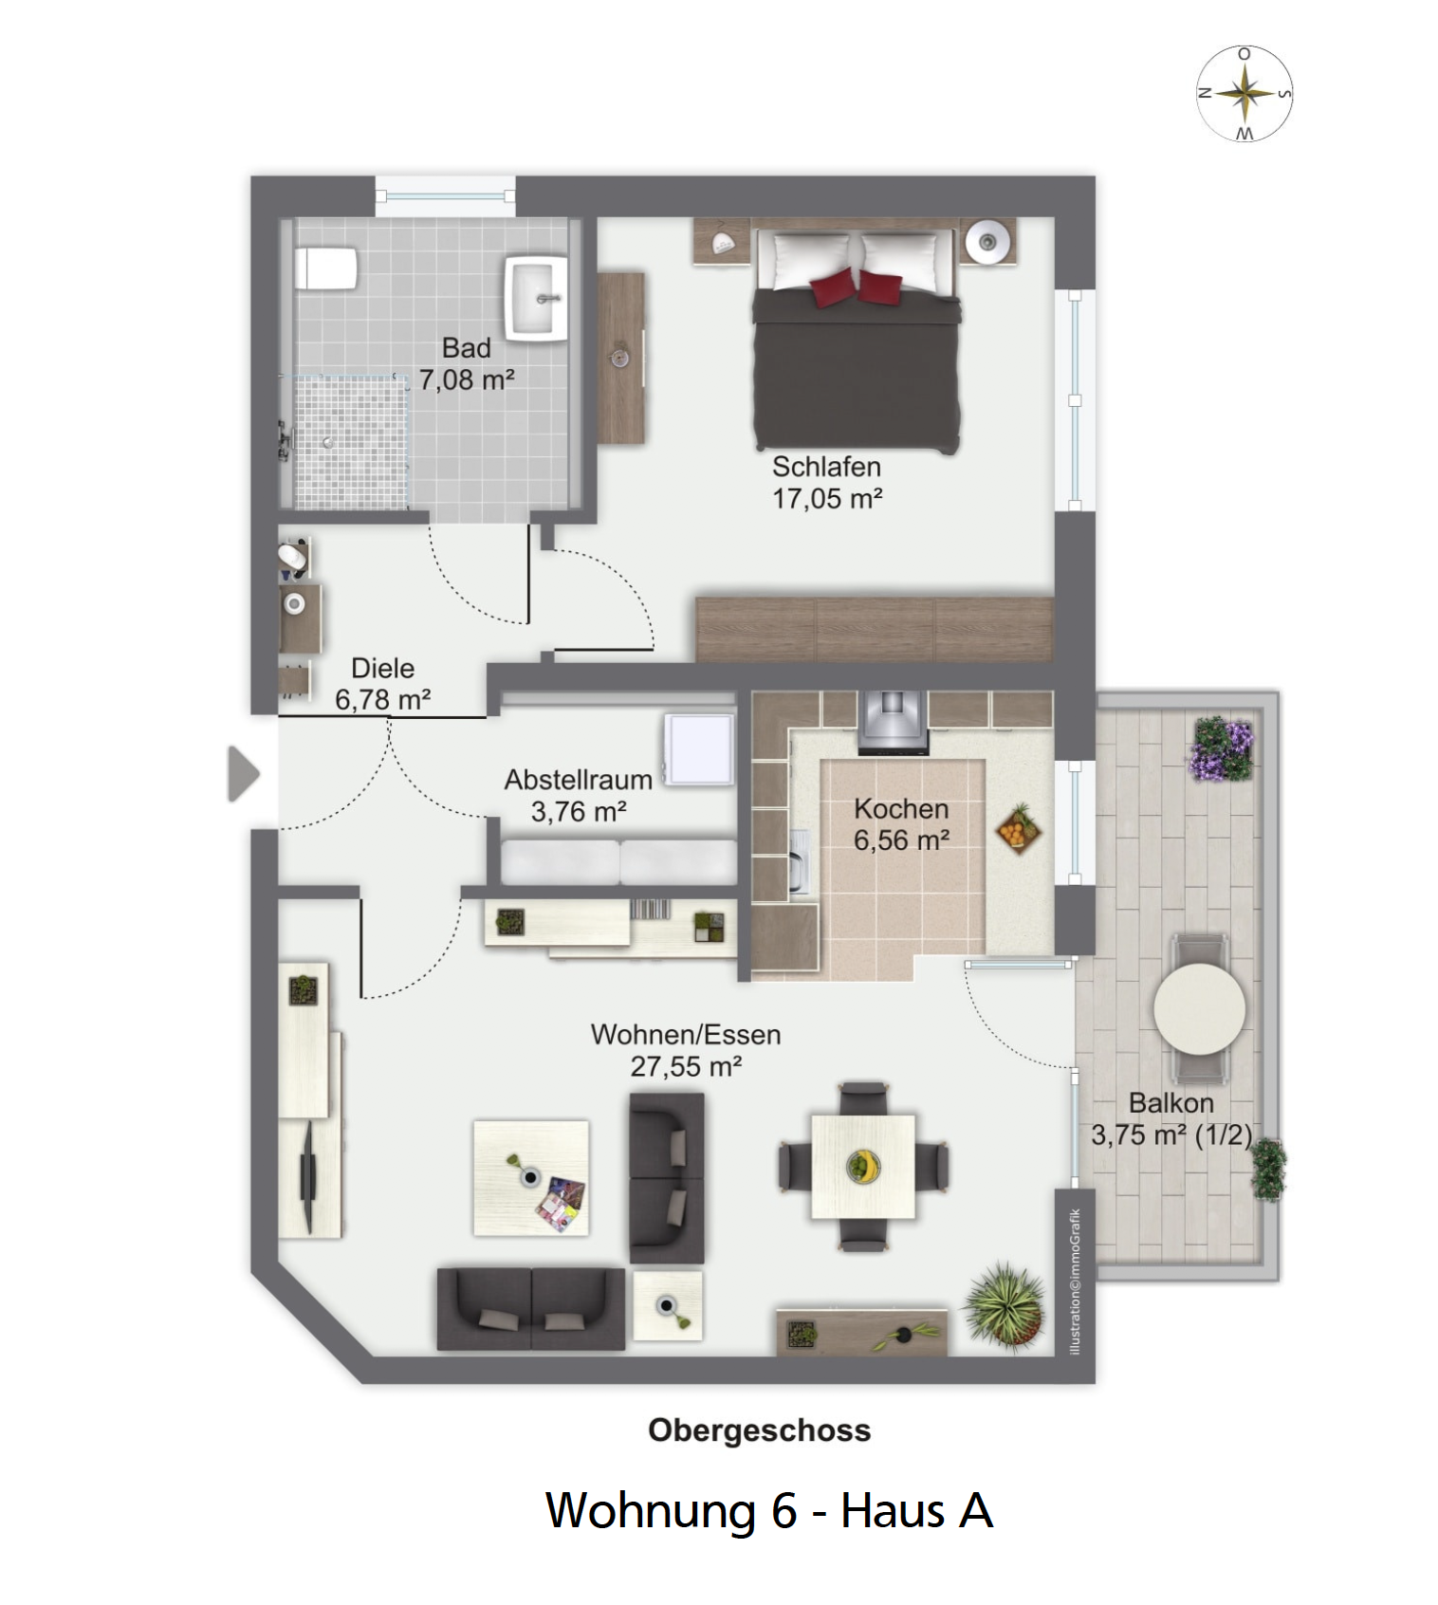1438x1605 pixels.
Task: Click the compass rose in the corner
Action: click(x=1244, y=94)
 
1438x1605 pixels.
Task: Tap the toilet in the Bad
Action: click(x=325, y=268)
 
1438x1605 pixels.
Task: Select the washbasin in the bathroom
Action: click(x=536, y=297)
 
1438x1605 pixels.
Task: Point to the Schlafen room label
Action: click(x=826, y=467)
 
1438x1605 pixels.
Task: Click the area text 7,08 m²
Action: click(x=467, y=379)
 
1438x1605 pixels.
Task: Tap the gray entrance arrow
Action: click(x=244, y=774)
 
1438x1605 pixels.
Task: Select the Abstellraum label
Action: click(x=579, y=780)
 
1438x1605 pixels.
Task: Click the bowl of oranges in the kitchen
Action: click(x=1019, y=828)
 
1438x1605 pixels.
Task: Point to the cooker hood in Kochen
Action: click(x=893, y=722)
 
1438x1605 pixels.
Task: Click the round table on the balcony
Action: click(x=1199, y=1008)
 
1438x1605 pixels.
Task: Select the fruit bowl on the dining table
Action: click(x=863, y=1166)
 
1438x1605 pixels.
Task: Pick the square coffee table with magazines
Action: click(x=531, y=1178)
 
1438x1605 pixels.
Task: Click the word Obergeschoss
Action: click(x=759, y=1430)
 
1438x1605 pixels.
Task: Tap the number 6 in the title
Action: click(x=784, y=1511)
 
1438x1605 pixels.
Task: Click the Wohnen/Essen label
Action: click(x=686, y=1035)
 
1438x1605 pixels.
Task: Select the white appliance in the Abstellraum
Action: click(x=700, y=749)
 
